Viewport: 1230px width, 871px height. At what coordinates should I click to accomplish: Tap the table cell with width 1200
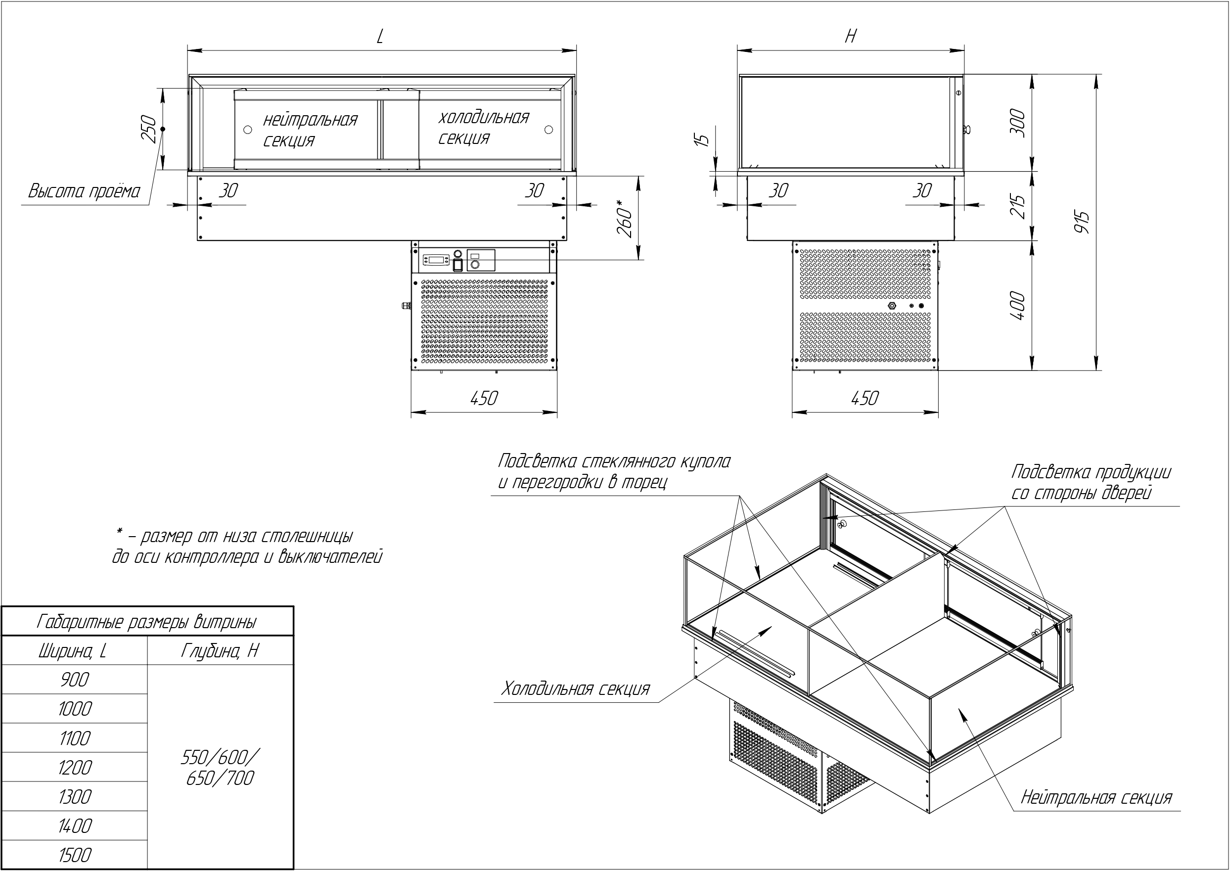pos(75,768)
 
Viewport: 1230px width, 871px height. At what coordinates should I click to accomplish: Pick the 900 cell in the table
pos(75,680)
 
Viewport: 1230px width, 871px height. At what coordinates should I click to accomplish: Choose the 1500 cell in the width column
pos(75,855)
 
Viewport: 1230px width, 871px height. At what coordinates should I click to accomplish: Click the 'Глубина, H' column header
pos(220,651)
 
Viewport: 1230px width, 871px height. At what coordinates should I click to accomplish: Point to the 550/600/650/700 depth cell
pos(220,768)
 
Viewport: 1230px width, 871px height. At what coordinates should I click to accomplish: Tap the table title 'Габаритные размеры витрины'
pos(146,622)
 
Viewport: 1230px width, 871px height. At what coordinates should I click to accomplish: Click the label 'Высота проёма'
pos(84,191)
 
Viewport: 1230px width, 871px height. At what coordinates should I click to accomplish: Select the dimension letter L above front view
pos(380,37)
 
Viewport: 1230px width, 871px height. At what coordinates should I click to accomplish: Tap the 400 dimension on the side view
pos(1017,306)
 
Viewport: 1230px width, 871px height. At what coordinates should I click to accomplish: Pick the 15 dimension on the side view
pos(703,138)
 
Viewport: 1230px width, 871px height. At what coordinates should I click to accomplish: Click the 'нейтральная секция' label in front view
pos(310,130)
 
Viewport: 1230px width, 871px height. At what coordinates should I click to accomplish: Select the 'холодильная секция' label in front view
pos(483,128)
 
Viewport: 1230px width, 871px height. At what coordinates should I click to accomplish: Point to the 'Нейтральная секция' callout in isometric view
pos(1096,797)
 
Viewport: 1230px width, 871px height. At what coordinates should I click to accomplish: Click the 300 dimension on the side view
pos(1017,123)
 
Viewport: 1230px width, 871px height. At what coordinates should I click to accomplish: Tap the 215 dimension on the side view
pos(1017,206)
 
